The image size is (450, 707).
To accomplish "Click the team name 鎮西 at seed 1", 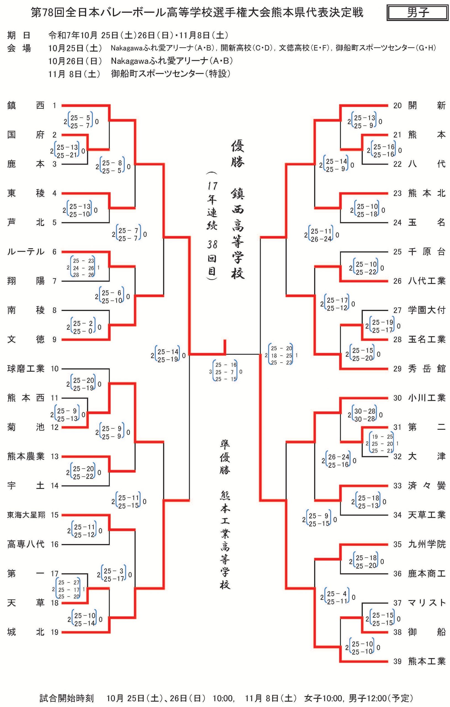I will click(x=26, y=105).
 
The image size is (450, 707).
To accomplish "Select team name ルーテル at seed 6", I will click(x=26, y=252).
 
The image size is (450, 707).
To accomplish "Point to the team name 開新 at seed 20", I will click(x=427, y=105).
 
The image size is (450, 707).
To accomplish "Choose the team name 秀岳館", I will click(x=427, y=368).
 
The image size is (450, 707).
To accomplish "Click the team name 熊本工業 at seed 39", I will click(x=427, y=661).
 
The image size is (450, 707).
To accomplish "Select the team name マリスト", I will click(x=427, y=603).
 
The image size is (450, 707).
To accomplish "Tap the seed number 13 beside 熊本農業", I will click(x=55, y=457).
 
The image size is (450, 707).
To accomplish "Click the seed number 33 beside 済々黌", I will click(x=397, y=486).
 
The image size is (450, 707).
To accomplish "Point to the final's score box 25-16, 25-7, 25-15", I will click(x=226, y=372).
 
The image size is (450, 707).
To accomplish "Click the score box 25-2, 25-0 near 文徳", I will click(x=83, y=327).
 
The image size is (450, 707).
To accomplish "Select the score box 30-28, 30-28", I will click(x=365, y=415).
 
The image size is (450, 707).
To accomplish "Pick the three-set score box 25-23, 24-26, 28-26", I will click(x=83, y=268).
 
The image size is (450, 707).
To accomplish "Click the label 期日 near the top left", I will click(x=18, y=36).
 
